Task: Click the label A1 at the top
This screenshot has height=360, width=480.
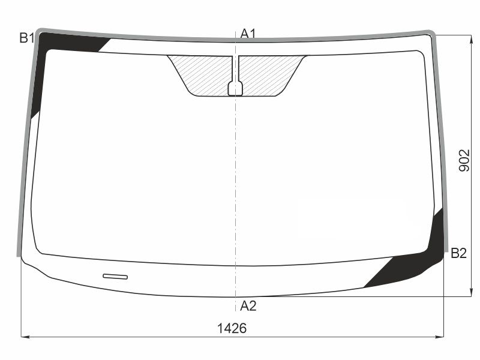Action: click(248, 34)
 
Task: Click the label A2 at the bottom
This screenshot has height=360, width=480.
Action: click(248, 305)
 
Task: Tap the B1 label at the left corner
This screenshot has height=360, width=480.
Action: click(26, 38)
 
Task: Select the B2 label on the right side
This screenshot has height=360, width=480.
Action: click(458, 253)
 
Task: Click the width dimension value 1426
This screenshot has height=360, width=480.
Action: click(232, 328)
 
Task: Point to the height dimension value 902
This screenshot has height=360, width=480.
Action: click(464, 160)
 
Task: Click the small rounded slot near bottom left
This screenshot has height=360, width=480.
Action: click(115, 277)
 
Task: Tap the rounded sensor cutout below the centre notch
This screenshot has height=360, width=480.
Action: click(235, 88)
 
